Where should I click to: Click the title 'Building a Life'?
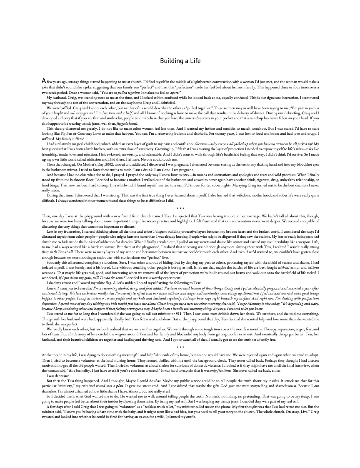click(x=180, y=61)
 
